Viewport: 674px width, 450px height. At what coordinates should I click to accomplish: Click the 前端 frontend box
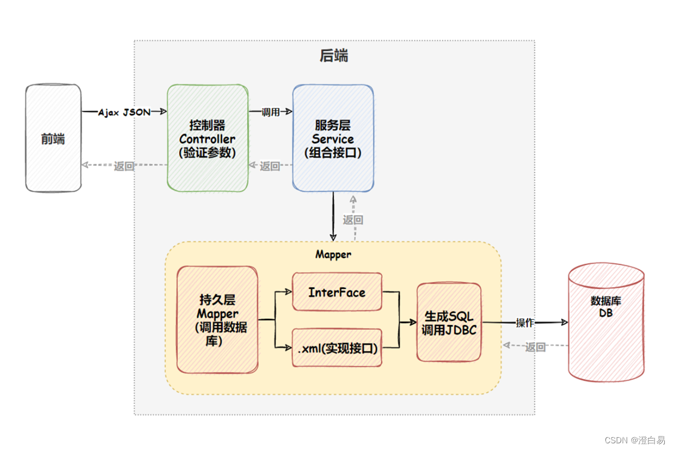[53, 138]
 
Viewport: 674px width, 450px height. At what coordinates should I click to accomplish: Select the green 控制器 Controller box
[208, 138]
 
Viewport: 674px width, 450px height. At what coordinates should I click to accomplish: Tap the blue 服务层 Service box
[333, 138]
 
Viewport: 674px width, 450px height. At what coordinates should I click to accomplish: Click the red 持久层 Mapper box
[217, 319]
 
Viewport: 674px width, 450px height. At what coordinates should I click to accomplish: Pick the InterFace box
[337, 292]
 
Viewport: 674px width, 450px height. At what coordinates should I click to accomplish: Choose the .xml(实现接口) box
[337, 349]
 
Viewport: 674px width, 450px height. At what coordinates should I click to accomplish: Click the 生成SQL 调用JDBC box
[449, 323]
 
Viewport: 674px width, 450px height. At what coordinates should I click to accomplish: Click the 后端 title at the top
[334, 56]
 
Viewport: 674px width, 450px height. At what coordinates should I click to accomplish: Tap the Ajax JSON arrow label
[124, 112]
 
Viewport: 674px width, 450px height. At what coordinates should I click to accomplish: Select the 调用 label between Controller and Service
[270, 112]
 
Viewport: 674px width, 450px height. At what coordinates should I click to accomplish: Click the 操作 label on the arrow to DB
[525, 322]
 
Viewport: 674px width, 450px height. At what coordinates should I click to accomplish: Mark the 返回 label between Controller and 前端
[124, 166]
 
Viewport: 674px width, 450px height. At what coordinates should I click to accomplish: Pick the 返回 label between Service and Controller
[270, 166]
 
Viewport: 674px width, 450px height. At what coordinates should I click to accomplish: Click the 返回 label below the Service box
[353, 220]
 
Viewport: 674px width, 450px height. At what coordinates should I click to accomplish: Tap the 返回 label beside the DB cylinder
[536, 347]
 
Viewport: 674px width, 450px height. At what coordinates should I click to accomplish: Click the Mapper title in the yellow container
[333, 254]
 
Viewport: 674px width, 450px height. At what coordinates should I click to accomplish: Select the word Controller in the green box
[207, 139]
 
